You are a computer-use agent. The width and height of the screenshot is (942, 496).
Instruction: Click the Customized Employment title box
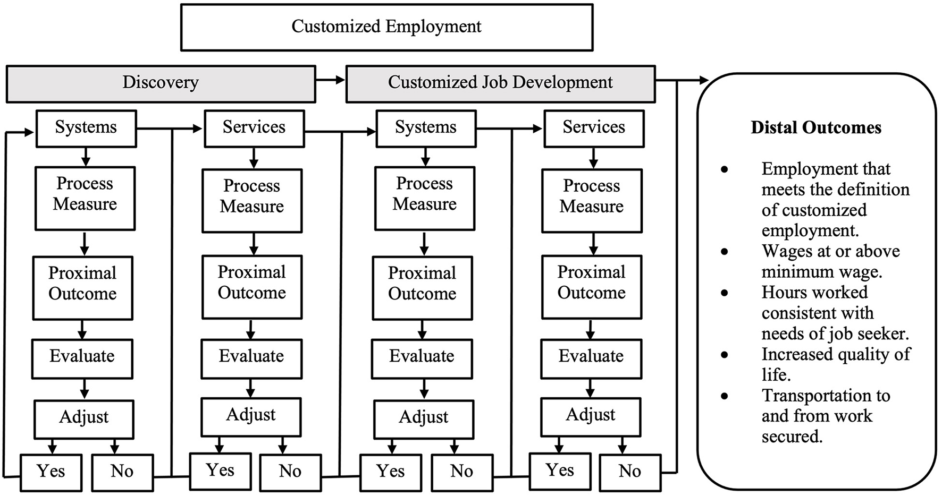tap(386, 27)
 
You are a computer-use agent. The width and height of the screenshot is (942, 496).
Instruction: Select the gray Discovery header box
tap(161, 83)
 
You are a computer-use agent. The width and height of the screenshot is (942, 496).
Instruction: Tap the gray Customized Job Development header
tap(500, 83)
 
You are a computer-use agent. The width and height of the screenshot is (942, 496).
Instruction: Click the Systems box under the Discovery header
tap(86, 128)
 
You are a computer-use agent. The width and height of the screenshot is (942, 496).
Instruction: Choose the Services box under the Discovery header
tap(254, 128)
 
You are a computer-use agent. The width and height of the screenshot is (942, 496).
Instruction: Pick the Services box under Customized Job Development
tap(593, 128)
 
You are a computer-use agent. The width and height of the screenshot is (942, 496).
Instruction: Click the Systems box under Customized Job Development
tap(425, 128)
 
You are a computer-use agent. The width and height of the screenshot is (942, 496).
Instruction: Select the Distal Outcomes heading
tap(815, 128)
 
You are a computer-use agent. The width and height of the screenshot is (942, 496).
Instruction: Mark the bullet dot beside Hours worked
tap(725, 293)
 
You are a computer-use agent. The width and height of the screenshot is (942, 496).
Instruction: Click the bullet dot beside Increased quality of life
tap(725, 355)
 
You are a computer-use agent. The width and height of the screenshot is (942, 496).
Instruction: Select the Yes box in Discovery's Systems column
tap(51, 472)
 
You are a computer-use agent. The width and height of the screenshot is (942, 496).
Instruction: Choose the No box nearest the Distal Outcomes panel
tap(630, 472)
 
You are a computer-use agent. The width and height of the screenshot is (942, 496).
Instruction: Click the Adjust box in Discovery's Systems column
tap(84, 418)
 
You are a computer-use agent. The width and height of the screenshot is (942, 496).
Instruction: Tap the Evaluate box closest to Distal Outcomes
tap(591, 357)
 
